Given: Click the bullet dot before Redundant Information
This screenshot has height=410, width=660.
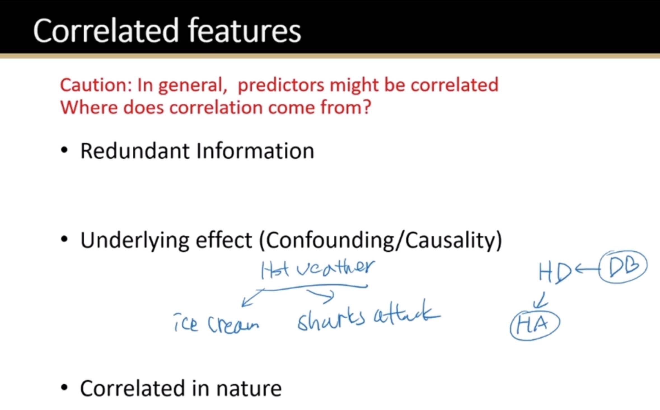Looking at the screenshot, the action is (64, 150).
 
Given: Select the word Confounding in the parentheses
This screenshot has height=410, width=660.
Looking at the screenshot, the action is (330, 241).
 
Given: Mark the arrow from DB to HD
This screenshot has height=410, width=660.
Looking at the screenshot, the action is (587, 269).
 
